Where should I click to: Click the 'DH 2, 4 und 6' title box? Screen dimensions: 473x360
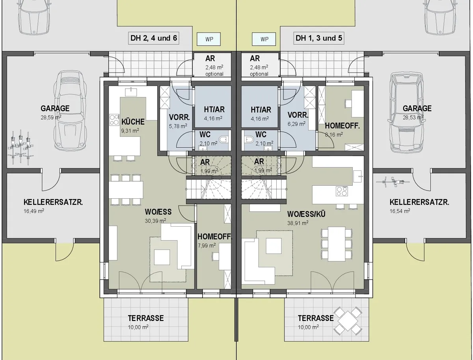point(154,38)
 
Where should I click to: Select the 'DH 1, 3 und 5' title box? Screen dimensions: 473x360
point(319,38)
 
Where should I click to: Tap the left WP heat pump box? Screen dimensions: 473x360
point(209,39)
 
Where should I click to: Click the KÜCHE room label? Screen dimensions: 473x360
point(133,122)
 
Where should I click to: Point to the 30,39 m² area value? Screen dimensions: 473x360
point(155,221)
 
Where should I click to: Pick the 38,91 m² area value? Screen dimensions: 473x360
point(298,223)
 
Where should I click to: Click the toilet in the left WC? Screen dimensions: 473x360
point(223,139)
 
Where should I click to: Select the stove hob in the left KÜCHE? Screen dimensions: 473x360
point(114,119)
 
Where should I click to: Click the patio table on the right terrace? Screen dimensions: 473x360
point(348,321)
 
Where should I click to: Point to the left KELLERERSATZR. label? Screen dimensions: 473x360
point(53,202)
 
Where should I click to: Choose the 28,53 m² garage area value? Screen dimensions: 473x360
point(413,118)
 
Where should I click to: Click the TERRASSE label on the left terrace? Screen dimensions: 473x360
point(146,318)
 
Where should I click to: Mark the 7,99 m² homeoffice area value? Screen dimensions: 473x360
point(207,246)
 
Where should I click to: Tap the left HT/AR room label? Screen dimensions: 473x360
point(214,110)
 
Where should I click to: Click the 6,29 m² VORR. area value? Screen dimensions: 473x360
point(296,124)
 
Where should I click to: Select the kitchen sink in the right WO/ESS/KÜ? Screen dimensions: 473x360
point(358,176)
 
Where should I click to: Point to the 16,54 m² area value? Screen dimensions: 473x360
point(400,211)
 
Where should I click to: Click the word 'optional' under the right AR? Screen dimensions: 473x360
point(259,74)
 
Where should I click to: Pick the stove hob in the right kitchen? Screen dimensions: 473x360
point(342,191)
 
